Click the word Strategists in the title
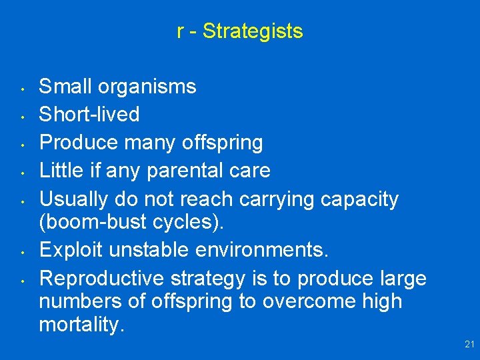pos(253,31)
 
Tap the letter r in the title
pos(181,31)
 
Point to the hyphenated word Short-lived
pos(89,115)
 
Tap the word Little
pos(58,171)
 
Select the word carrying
pos(276,199)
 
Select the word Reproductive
pos(99,278)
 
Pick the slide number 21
pos(469,344)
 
